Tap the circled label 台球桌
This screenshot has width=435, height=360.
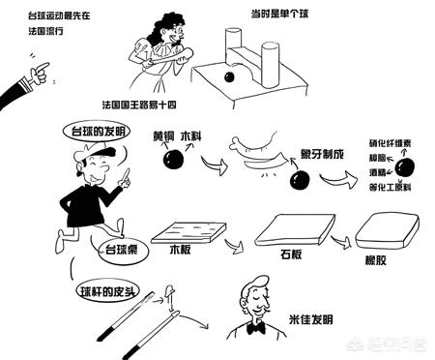[124, 248]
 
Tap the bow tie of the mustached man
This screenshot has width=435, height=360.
[255, 328]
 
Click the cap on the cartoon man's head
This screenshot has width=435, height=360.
[90, 151]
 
